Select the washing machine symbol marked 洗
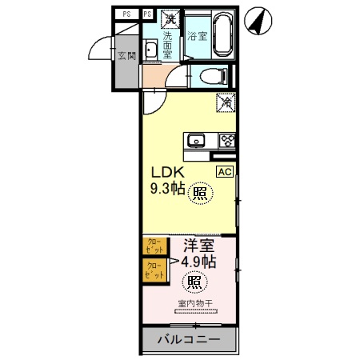[170, 16]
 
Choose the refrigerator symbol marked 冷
[226, 102]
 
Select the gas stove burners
[226, 141]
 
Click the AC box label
[224, 171]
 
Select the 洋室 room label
[198, 246]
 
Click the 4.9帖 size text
[196, 262]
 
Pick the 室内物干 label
[195, 303]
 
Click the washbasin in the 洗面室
[150, 53]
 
